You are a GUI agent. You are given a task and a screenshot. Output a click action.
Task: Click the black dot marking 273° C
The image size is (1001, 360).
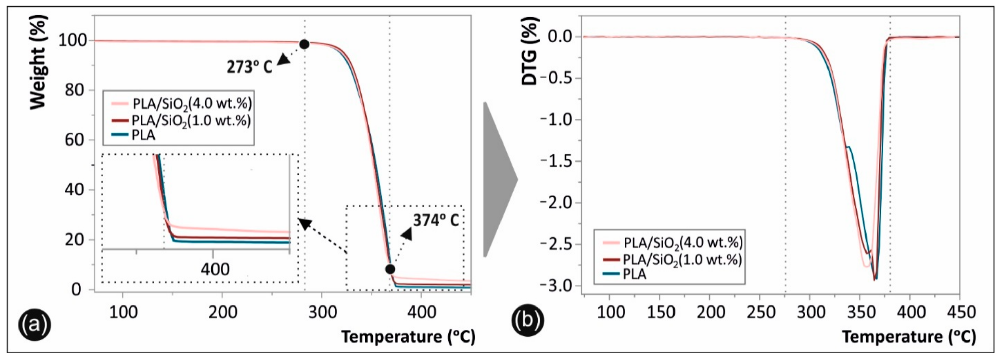coord(304,44)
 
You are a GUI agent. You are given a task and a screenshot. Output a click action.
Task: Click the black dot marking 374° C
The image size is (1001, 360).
coord(390,269)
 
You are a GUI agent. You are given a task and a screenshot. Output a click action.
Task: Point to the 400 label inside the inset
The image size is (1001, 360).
coord(215,269)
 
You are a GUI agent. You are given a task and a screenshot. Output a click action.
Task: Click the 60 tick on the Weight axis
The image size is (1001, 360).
coord(74,140)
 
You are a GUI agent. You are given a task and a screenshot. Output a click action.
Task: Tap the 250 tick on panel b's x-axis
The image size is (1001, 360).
coord(760,312)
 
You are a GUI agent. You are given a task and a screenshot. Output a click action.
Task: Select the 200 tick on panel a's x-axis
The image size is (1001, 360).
coord(222,312)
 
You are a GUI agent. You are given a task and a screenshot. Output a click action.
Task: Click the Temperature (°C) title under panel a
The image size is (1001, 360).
coord(408,337)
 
